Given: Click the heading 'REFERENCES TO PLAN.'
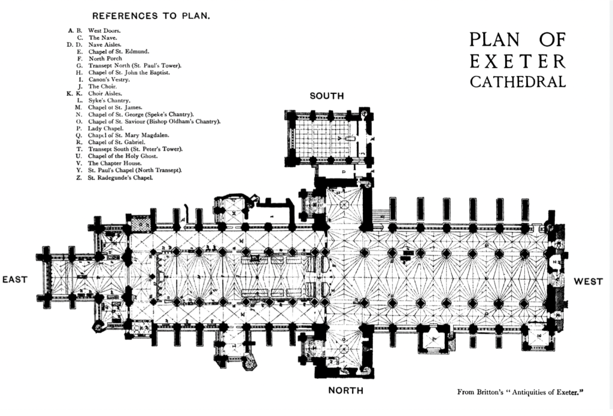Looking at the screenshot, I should (151, 16).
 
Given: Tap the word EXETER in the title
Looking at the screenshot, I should (517, 61).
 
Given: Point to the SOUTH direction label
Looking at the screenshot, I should (326, 96).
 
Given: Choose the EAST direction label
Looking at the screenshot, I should (15, 280).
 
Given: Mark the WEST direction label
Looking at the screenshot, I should (588, 281).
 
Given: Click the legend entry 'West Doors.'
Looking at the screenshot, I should (105, 31).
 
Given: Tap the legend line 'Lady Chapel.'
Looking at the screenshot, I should (105, 128).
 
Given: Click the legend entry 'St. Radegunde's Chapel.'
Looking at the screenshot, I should (120, 178).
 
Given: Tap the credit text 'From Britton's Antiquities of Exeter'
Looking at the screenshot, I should (520, 392).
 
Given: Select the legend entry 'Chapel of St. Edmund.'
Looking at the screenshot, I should (114, 51).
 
